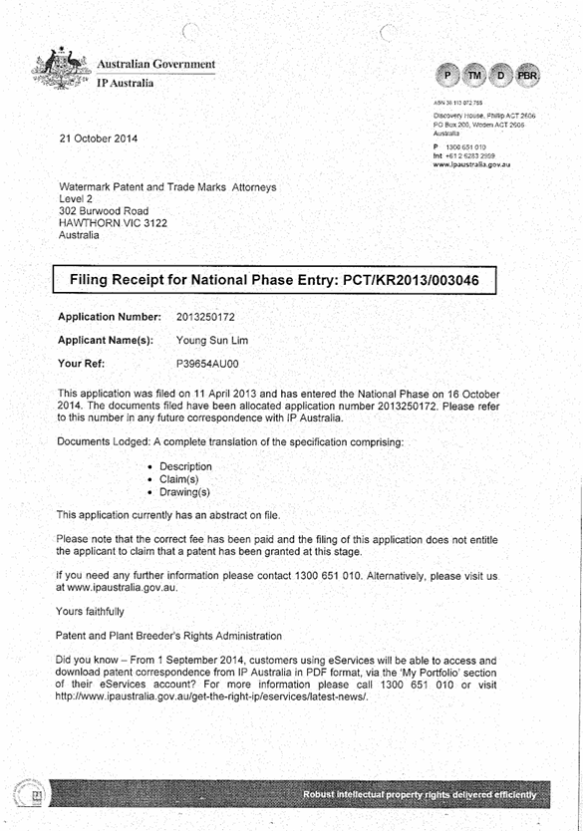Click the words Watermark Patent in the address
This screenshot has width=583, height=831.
(x=105, y=187)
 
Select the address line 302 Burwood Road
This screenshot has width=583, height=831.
(x=99, y=211)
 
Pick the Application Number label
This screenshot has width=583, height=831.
(x=110, y=317)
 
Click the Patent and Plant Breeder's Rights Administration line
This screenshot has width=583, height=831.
(x=168, y=635)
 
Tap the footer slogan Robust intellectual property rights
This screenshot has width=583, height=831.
(x=427, y=794)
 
